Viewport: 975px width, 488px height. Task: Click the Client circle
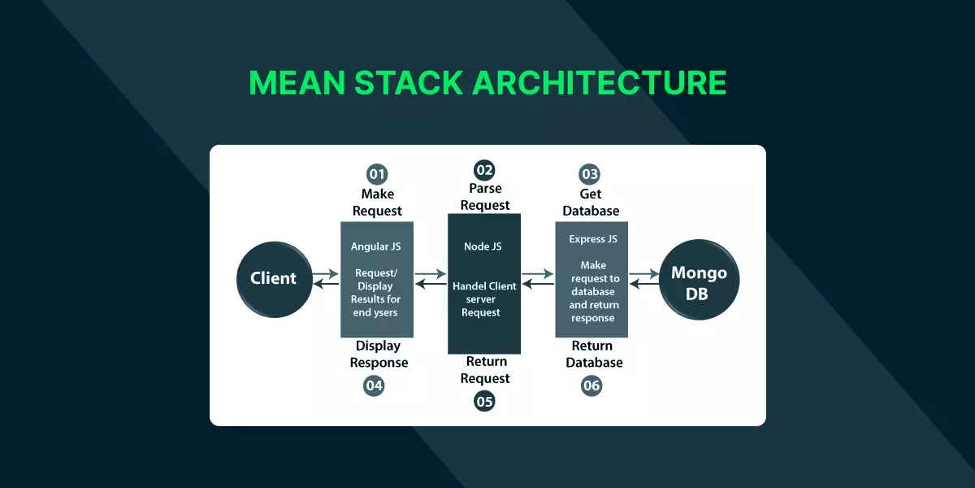[x=273, y=278]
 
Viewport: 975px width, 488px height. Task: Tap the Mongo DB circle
[x=698, y=282]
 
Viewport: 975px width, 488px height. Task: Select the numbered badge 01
[x=377, y=174]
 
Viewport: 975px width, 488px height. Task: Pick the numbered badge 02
[x=484, y=170]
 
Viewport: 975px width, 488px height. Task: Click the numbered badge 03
[x=590, y=174]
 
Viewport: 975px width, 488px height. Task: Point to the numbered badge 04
[x=374, y=386]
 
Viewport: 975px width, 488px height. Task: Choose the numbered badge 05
[x=484, y=400]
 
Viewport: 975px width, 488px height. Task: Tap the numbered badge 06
[x=591, y=386]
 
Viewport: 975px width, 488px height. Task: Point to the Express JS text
[x=593, y=239]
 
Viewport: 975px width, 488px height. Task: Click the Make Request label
[x=377, y=203]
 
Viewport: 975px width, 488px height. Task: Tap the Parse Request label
[x=485, y=197]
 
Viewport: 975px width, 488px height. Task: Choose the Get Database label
[x=591, y=203]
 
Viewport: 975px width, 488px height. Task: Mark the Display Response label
[x=379, y=354]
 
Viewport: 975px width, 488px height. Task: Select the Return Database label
[x=594, y=354]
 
